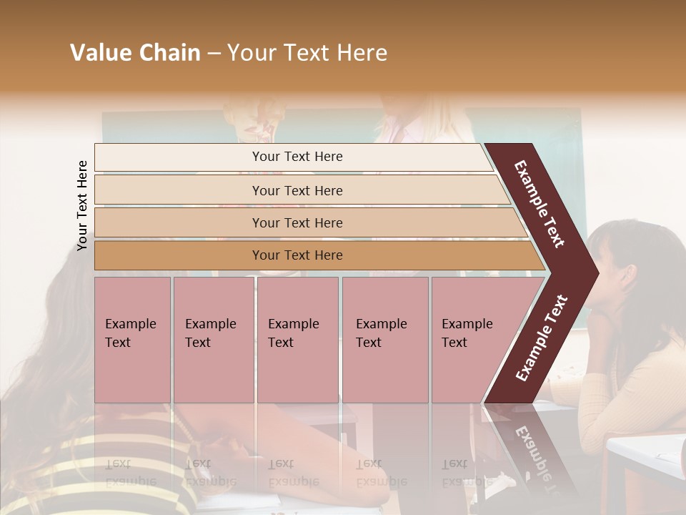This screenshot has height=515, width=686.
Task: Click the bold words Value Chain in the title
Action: pyautogui.click(x=135, y=53)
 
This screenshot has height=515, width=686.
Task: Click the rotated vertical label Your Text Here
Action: pyautogui.click(x=83, y=205)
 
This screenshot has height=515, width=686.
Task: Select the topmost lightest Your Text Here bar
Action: pyautogui.click(x=297, y=157)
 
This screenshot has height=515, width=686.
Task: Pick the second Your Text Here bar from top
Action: pyautogui.click(x=297, y=190)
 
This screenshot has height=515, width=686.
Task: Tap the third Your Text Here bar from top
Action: pyautogui.click(x=297, y=222)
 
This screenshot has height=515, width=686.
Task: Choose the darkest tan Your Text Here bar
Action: pyautogui.click(x=297, y=255)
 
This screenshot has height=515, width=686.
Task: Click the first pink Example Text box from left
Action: pyautogui.click(x=132, y=340)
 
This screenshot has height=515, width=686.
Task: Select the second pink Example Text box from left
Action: pyautogui.click(x=213, y=340)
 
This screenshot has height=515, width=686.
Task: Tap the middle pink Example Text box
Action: pyautogui.click(x=297, y=340)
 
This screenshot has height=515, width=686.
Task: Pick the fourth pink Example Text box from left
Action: pyautogui.click(x=384, y=340)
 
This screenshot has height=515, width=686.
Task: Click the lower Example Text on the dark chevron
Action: pyautogui.click(x=541, y=338)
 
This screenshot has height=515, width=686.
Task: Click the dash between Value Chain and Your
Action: pyautogui.click(x=214, y=53)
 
